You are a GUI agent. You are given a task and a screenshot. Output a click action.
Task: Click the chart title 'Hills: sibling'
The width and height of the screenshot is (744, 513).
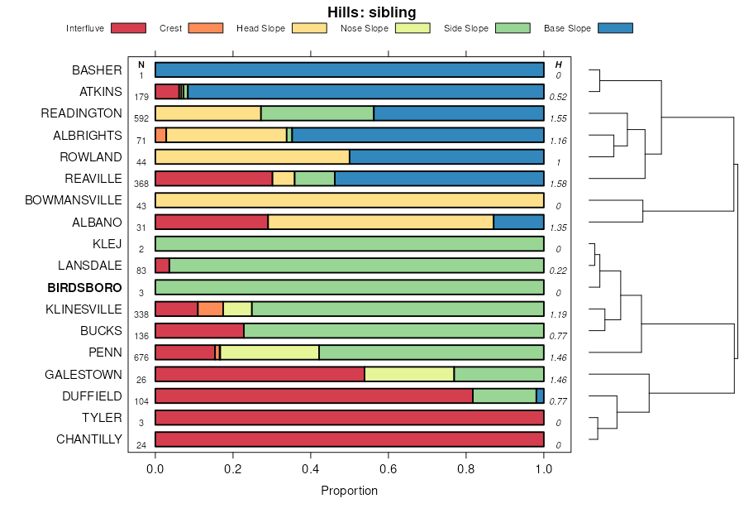(x=371, y=12)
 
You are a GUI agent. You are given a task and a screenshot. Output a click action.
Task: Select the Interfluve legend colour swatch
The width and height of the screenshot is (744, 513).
(x=127, y=29)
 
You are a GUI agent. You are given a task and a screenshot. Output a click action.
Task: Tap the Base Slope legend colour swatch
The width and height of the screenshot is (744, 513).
(x=614, y=29)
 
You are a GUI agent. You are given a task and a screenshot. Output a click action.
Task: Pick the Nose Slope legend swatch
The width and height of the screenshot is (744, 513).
(x=413, y=29)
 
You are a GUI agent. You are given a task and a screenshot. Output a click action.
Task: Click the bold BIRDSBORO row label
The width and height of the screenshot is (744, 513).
(x=84, y=288)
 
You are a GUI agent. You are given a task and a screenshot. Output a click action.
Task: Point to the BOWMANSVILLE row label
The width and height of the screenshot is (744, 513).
(x=74, y=200)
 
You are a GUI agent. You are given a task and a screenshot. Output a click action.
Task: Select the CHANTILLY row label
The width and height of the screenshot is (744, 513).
(x=88, y=439)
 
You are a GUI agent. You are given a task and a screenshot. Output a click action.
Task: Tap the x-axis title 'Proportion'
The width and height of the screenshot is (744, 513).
(x=349, y=491)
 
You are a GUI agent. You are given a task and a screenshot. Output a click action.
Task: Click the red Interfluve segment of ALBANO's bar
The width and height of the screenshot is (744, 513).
(x=212, y=222)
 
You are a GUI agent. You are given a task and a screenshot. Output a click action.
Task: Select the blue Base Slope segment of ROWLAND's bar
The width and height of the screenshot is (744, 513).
(x=446, y=156)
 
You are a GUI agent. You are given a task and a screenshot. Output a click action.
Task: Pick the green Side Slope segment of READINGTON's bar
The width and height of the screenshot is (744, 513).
(x=317, y=113)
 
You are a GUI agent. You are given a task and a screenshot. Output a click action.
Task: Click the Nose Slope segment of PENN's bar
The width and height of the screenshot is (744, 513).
(x=269, y=352)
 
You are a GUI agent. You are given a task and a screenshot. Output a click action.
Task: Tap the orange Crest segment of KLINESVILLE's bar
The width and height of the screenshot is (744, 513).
(x=211, y=309)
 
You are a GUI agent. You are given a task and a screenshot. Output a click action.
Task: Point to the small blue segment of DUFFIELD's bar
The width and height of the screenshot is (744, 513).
(x=540, y=396)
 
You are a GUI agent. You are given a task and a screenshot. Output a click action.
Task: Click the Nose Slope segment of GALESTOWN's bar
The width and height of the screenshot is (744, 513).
(x=409, y=374)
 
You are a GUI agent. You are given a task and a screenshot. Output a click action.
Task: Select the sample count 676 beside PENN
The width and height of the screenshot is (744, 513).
(x=141, y=357)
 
